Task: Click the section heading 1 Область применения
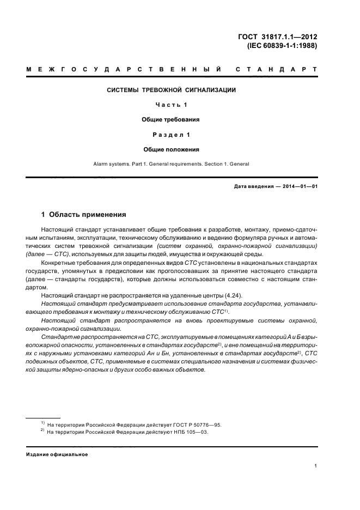(84, 215)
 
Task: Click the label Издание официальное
(57, 454)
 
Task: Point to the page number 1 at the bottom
(316, 466)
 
